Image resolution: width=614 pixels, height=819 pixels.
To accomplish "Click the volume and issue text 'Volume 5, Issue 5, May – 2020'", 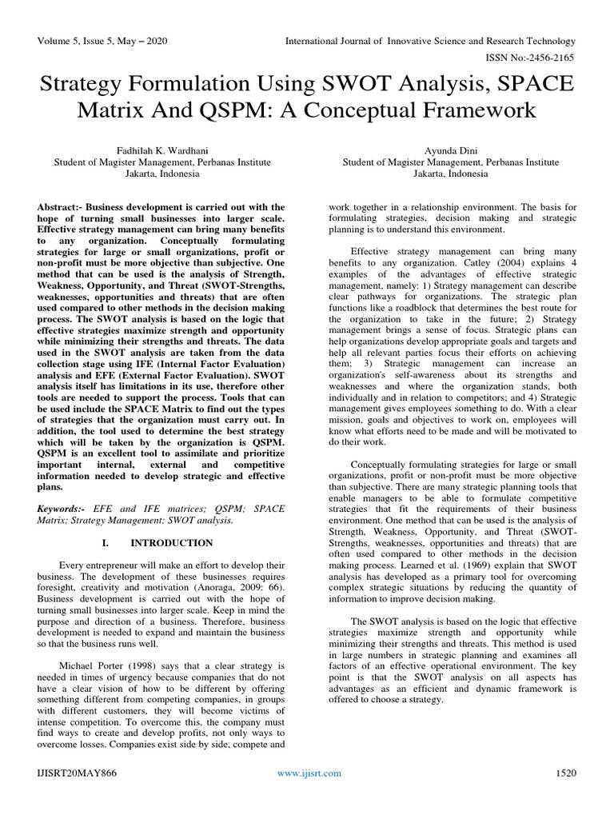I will pyautogui.click(x=103, y=40).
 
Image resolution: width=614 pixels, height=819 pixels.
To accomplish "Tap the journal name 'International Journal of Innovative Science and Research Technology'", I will pyautogui.click(x=431, y=40).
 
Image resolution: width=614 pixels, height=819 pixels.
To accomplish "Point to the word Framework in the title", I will pyautogui.click(x=453, y=109).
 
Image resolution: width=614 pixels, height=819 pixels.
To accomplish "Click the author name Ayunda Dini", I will pyautogui.click(x=451, y=150).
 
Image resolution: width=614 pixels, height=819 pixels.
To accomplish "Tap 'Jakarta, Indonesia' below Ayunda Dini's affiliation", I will pyautogui.click(x=451, y=174).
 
